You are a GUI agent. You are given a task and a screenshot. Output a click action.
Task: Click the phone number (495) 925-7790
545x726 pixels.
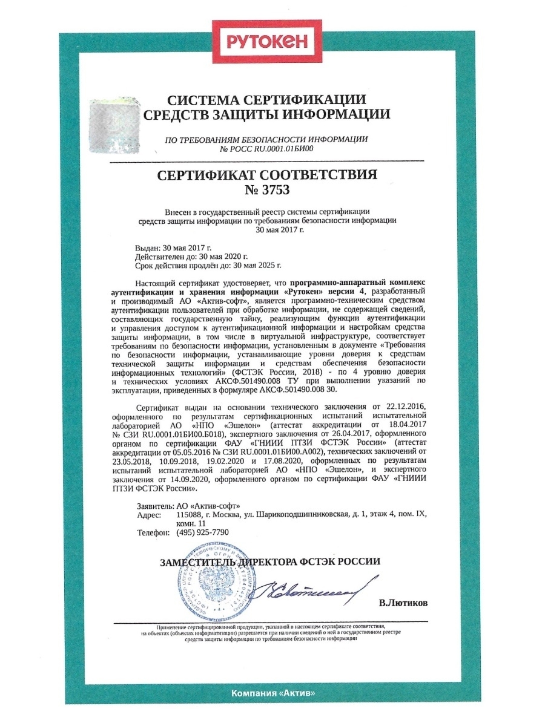[202, 532]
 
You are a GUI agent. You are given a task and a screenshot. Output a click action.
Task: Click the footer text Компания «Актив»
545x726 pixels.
[273, 693]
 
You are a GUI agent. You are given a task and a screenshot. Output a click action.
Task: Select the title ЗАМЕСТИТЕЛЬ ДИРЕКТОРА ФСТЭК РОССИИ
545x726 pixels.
[270, 561]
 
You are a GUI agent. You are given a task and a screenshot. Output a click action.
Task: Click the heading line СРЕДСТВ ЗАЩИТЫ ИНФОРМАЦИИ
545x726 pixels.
[266, 114]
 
